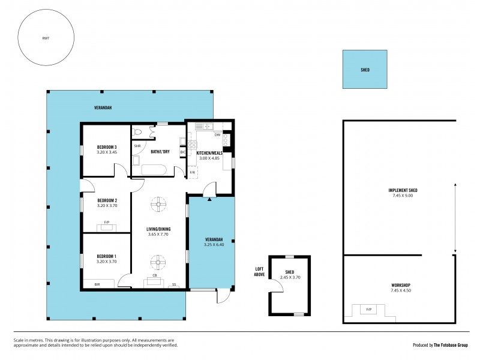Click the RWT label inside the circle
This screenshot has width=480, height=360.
pos(46,38)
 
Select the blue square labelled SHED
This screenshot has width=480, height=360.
pos(365,70)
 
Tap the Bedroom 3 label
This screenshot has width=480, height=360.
pos(106,147)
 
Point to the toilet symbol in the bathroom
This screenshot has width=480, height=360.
pos(138,132)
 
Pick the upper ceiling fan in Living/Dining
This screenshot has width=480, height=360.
pos(159,205)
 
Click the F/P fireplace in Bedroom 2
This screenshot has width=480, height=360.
pos(106,226)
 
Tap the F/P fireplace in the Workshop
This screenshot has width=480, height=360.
pos(369,310)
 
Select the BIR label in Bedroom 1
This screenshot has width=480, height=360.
pos(98,284)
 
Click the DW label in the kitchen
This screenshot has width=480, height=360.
pos(217,136)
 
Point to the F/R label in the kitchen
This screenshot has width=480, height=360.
pos(193,173)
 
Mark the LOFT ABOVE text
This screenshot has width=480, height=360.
pos(260,271)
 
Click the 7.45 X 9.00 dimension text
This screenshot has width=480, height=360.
pos(402,195)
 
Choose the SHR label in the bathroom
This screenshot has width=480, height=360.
pos(137,146)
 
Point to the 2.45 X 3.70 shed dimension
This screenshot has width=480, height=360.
pos(290,277)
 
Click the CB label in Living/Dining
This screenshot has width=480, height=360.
pos(154,275)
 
